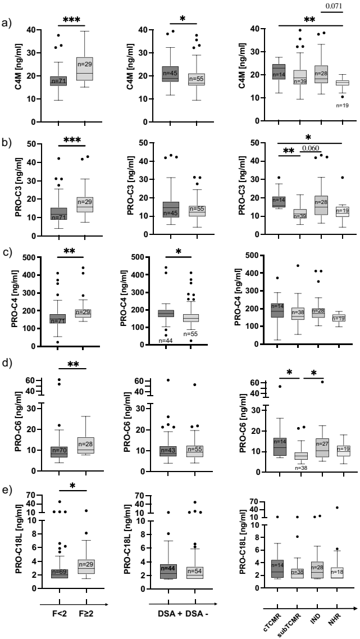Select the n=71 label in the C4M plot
(58, 82)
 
